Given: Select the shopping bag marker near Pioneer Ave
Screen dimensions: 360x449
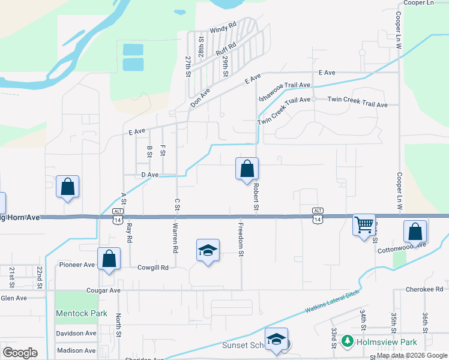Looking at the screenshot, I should [109, 259].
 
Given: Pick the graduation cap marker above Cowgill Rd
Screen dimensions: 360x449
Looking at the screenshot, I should [208, 250].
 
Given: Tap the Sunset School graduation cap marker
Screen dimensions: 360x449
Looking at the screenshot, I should [276, 339].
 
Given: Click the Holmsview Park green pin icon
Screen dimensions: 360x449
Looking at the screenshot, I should [347, 341].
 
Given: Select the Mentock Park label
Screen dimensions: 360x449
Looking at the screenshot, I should [81, 313].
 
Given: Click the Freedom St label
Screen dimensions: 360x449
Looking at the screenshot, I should [241, 241].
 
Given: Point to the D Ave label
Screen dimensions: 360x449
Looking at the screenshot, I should [149, 175].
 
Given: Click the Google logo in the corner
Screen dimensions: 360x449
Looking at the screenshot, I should [20, 353].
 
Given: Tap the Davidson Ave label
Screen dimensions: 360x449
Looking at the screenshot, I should [76, 334].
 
